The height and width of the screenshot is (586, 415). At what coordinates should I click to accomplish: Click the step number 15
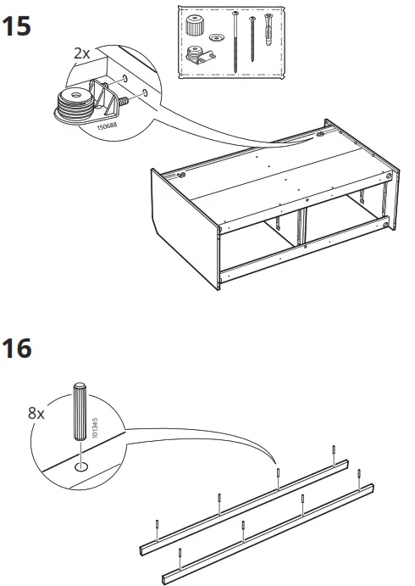click(x=19, y=25)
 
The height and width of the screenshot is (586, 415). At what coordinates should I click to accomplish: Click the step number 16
click(x=19, y=349)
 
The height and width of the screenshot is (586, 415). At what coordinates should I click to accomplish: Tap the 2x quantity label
click(x=81, y=53)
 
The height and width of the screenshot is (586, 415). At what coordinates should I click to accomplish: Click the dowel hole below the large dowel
click(x=80, y=465)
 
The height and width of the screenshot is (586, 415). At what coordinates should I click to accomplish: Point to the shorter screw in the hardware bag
click(x=253, y=37)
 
